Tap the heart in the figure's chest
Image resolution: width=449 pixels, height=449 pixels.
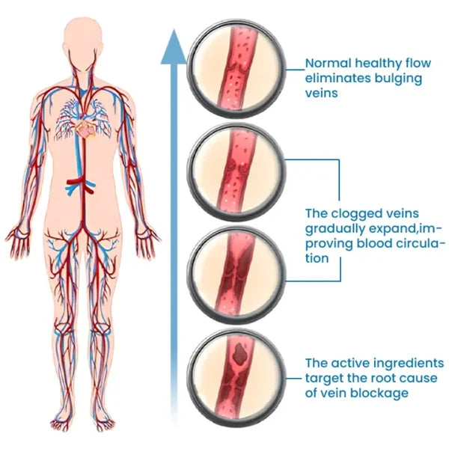point(85,129)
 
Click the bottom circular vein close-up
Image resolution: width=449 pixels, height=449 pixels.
point(236,366)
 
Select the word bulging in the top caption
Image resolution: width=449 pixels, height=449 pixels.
point(399,79)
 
